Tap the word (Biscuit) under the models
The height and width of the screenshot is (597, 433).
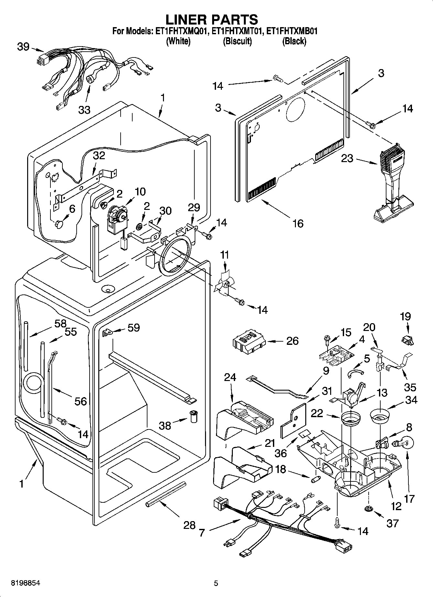pos(237,41)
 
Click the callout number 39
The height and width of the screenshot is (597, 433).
pos(23,47)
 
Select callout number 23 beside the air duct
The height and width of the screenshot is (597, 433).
pos(347,159)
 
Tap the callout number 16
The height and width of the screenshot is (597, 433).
pos(298,223)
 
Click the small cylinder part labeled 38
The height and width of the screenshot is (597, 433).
pos(194,416)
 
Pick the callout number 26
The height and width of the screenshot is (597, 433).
pos(292,341)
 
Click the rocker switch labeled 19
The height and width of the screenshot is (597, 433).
pos(407,339)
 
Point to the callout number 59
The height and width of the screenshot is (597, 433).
pos(134,328)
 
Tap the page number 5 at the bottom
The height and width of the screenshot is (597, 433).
pos(216,583)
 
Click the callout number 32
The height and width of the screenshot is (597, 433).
pos(99,156)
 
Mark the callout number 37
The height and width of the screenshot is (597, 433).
pos(393,523)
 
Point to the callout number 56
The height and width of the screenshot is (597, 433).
pos(81,401)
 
